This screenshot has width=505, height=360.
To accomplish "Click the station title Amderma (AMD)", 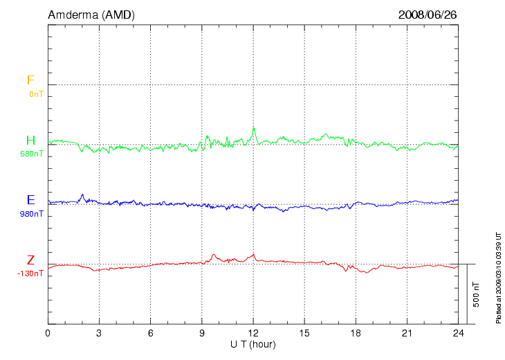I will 82,15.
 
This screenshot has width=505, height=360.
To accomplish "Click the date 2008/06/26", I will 428,15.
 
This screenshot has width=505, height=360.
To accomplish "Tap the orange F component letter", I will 30,80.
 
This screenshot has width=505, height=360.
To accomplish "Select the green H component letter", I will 30,141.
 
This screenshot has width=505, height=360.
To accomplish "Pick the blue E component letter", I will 30,200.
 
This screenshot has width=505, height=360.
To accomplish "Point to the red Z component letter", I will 30,260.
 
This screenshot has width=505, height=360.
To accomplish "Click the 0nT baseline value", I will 36,93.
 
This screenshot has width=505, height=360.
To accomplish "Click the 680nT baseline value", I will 32,154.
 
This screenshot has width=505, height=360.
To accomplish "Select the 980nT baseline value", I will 32,214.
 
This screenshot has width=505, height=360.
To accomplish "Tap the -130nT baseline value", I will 30,273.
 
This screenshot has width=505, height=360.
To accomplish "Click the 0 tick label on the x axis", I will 48,334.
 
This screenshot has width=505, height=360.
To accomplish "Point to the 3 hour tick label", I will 99,334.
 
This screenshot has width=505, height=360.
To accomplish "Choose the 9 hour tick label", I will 202,334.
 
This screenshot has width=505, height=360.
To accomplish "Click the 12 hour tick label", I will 253,334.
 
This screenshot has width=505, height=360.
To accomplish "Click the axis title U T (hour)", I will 253,344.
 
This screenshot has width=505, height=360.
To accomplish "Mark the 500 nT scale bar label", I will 477,294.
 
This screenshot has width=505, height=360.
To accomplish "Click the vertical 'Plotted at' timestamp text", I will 498,276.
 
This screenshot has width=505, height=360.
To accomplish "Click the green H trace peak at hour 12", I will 254,127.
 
